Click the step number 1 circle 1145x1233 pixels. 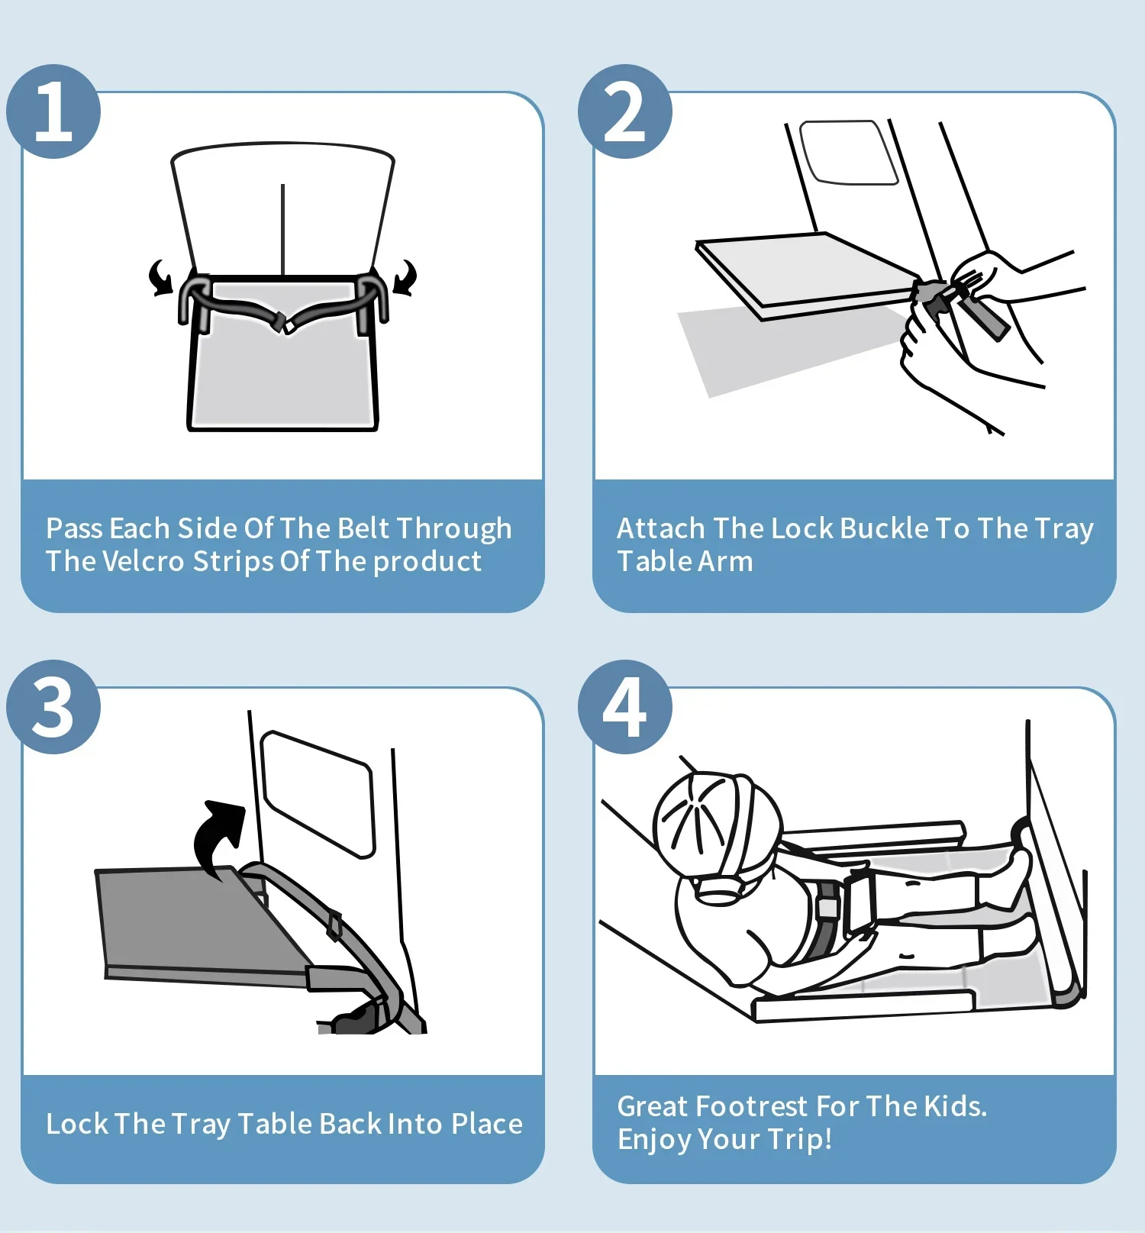[x=53, y=111]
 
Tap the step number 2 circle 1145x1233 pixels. [x=625, y=111]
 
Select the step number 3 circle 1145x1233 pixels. [x=53, y=707]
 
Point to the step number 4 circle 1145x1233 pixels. [x=625, y=707]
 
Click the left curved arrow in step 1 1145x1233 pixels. [x=160, y=277]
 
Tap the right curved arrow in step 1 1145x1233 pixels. [x=405, y=277]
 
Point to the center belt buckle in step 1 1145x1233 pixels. [x=283, y=323]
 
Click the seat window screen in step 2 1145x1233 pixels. [x=849, y=153]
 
